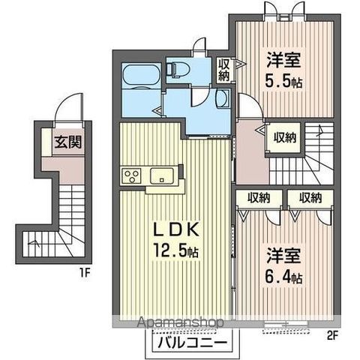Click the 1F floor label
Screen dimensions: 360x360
[85, 273]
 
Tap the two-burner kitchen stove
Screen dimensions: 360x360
[132, 178]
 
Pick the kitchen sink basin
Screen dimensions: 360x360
[162, 177]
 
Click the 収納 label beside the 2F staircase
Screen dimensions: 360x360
[284, 137]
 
